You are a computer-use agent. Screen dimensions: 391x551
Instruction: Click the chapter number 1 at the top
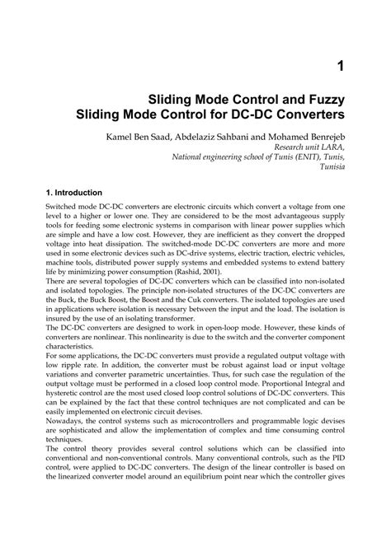click(x=340, y=64)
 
